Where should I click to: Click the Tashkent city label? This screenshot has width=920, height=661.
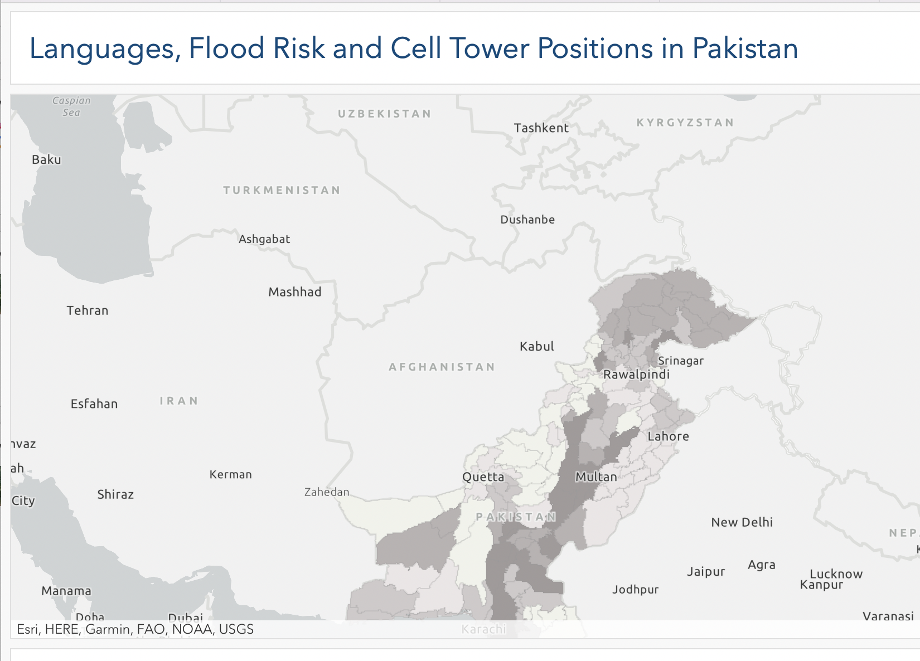click(541, 128)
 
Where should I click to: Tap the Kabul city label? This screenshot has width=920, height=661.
click(536, 347)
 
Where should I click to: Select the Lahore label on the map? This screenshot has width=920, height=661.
click(668, 436)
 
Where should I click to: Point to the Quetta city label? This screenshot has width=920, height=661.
click(483, 477)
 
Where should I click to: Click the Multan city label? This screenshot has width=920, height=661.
click(596, 477)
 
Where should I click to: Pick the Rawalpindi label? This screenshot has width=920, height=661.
click(636, 375)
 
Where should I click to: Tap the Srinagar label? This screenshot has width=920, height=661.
click(680, 361)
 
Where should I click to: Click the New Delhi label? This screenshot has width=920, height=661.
click(742, 522)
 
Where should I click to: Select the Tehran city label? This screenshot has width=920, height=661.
click(88, 310)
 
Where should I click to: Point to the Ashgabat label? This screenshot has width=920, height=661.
click(264, 239)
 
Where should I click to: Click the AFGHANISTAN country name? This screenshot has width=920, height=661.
click(442, 367)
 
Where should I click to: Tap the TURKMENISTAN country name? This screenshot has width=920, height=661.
click(282, 190)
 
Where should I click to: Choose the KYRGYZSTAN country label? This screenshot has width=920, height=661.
click(685, 123)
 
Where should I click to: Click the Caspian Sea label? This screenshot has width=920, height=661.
click(71, 106)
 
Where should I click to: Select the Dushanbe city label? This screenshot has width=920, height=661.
click(527, 220)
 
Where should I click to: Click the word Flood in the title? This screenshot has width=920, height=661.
click(226, 48)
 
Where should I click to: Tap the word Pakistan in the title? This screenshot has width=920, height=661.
click(745, 48)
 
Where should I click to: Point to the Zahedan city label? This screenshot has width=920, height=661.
click(327, 492)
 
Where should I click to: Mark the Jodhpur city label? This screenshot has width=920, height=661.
click(635, 590)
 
